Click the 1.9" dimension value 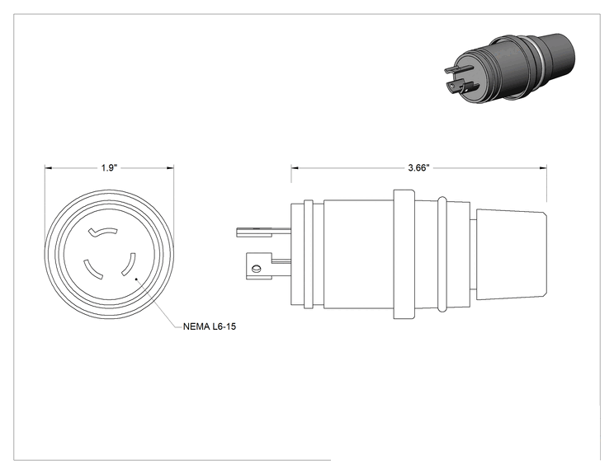pos(109,168)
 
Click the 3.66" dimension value pos(418,168)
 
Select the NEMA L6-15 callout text pos(210,326)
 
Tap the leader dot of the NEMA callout pos(136,279)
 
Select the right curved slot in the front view pos(130,265)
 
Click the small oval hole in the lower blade pos(257,269)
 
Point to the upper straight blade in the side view pos(263,232)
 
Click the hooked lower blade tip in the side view pos(259,266)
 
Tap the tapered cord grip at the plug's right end pos(511,254)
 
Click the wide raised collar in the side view pos(404,254)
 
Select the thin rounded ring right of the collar pos(442,254)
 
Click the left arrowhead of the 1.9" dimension pos(48,168)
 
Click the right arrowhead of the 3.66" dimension pos(543,168)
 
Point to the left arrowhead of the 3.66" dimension pos(295,168)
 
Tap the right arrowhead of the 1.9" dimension pos(170,168)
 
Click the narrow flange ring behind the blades pos(309,254)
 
